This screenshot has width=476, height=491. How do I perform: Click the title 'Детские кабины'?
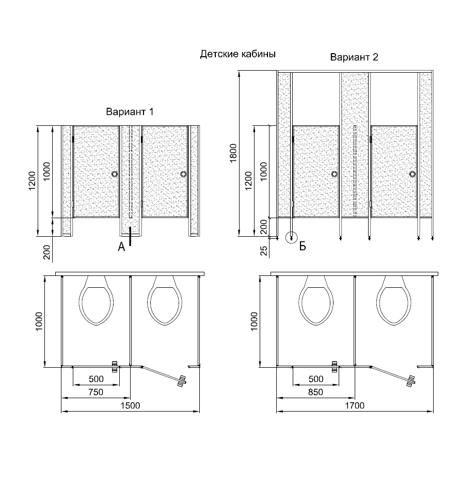238,54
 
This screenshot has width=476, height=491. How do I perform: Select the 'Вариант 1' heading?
130,112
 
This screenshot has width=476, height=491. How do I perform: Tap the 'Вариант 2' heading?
354,57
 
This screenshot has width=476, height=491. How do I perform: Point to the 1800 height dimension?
233,153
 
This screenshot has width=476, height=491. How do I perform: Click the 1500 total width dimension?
131,405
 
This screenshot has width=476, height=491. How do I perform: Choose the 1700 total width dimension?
355,405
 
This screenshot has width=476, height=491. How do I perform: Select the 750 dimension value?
96,392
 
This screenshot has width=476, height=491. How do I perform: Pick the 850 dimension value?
315,392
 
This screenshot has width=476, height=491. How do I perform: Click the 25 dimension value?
264,251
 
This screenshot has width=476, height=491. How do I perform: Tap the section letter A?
121,247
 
